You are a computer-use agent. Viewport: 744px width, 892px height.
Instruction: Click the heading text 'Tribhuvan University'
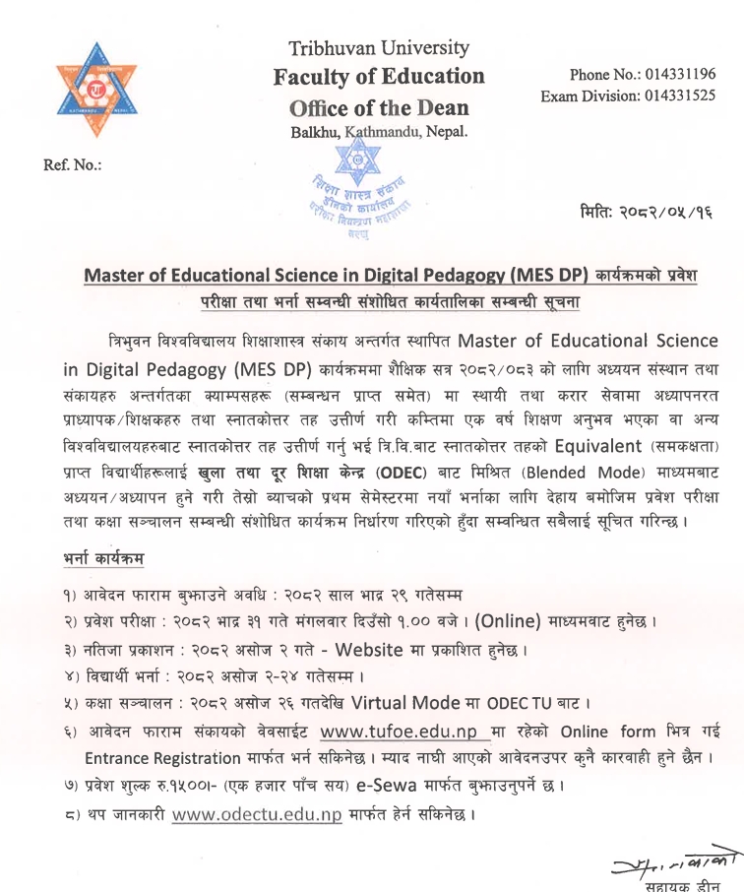tap(379, 47)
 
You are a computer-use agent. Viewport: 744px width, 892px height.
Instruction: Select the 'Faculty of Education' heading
tap(379, 76)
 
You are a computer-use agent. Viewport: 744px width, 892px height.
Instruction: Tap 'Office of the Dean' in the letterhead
tap(379, 106)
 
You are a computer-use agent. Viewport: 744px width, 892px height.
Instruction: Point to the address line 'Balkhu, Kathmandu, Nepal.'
tap(379, 131)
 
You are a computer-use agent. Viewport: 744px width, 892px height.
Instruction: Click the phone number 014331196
tap(679, 75)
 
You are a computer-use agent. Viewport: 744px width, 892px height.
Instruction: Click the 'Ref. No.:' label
tap(73, 164)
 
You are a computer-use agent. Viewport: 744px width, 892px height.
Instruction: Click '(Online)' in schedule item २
tap(524, 622)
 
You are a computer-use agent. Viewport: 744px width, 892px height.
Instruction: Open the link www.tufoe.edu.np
tap(400, 732)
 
